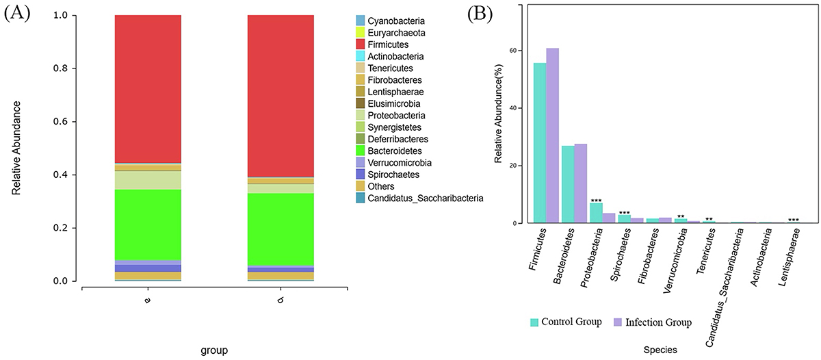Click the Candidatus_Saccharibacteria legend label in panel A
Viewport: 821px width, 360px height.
click(421, 198)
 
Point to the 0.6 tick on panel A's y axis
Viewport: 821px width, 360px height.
click(63, 122)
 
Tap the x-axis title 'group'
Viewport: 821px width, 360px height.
click(214, 350)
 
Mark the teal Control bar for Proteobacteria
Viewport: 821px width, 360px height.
click(596, 213)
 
